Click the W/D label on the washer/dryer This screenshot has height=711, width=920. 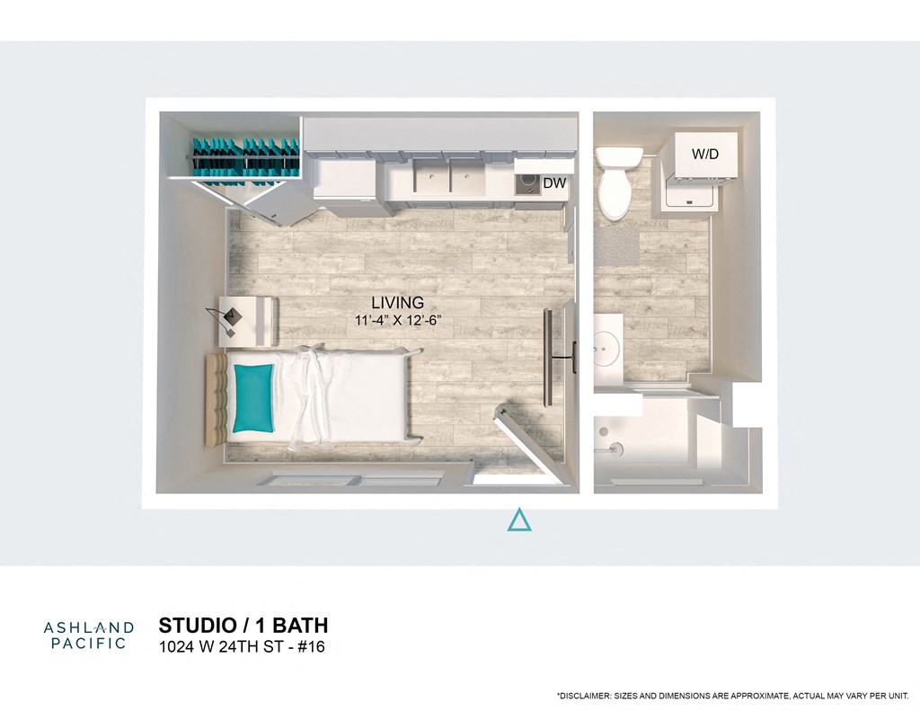pos(705,155)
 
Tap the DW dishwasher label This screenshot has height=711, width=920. pos(554,183)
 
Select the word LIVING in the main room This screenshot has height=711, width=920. pos(397,303)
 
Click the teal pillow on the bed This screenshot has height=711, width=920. pos(252,396)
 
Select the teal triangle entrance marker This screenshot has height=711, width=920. pos(518,520)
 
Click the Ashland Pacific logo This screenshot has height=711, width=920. pos(89,635)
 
